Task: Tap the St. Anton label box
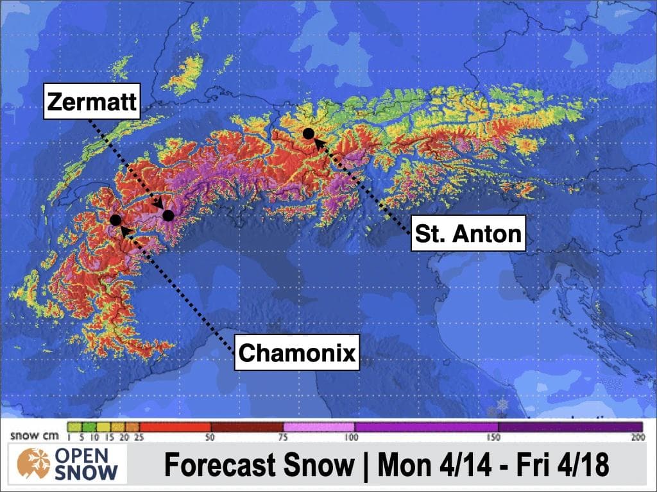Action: [468, 233]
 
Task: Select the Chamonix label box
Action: [297, 352]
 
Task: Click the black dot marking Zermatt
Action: [168, 215]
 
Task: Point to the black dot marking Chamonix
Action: [115, 220]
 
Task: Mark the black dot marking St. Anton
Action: [308, 133]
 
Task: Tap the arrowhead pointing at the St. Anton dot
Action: [318, 143]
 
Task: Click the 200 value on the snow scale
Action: [637, 438]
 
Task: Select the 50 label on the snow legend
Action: [211, 438]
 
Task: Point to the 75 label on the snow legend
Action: [283, 438]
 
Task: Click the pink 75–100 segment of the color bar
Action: [318, 427]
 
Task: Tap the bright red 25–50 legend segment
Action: [175, 427]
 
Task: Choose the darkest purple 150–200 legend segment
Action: [570, 427]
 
